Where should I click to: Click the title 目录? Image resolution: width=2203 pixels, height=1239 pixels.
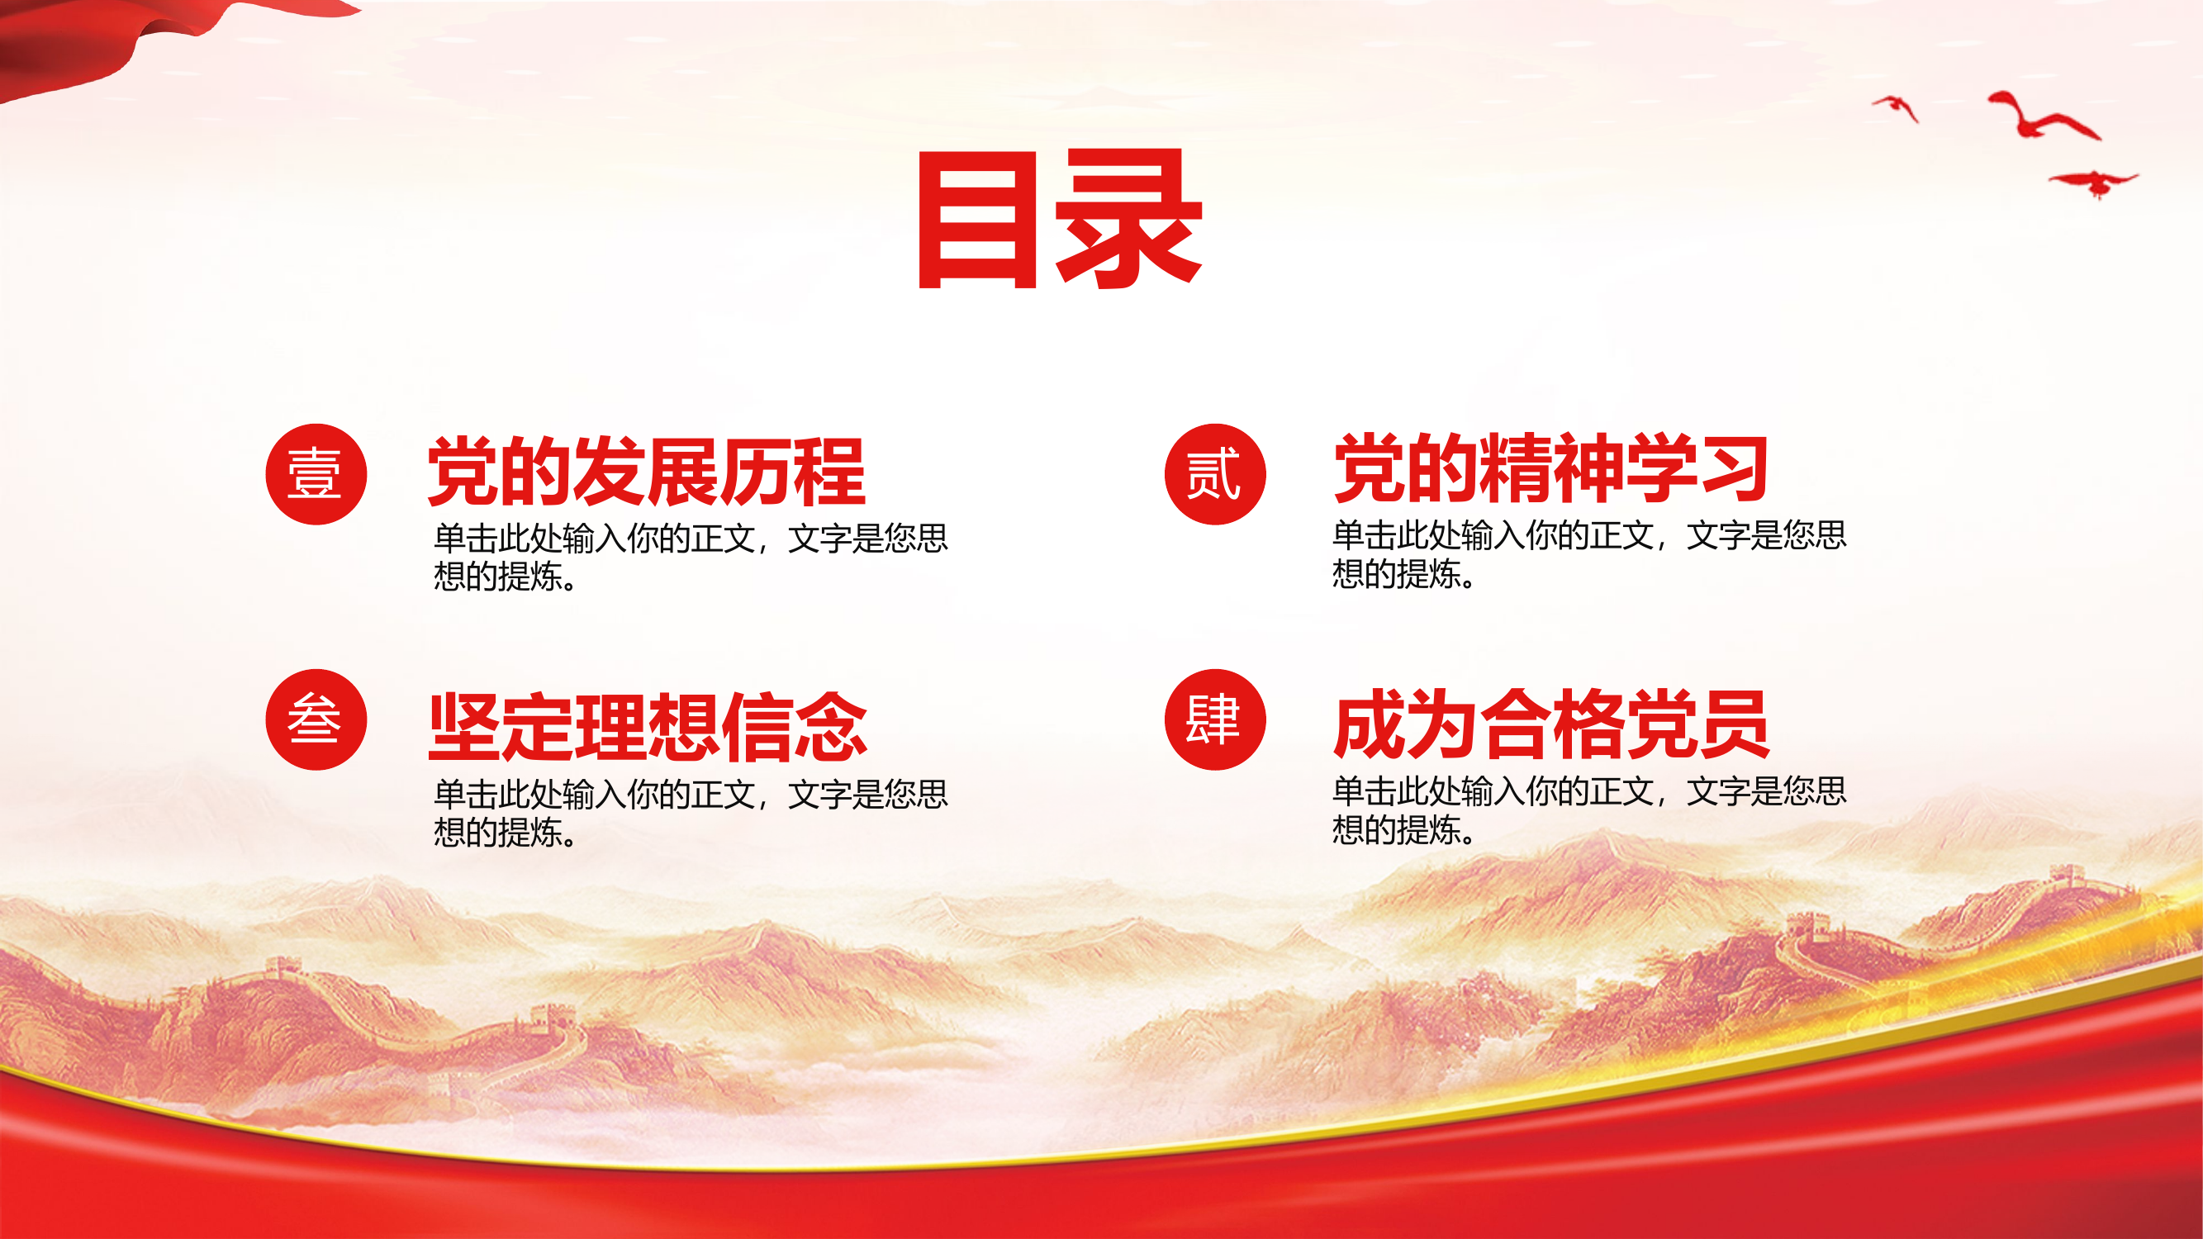pyautogui.click(x=1061, y=220)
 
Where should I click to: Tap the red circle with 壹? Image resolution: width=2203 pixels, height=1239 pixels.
pyautogui.click(x=316, y=473)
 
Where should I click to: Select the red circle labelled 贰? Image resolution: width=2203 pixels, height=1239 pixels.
pyautogui.click(x=1214, y=473)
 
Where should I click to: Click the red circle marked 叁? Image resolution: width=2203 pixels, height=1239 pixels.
pyautogui.click(x=316, y=719)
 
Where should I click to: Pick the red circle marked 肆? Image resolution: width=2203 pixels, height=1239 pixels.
pyautogui.click(x=1214, y=719)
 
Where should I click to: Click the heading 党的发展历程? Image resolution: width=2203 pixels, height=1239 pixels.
pyautogui.click(x=647, y=471)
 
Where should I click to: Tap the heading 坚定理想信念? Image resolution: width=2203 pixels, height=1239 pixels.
pyautogui.click(x=648, y=727)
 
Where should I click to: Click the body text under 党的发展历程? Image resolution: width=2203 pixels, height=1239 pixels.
pyautogui.click(x=689, y=557)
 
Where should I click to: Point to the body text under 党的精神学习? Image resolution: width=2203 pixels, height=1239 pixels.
pyautogui.click(x=1589, y=553)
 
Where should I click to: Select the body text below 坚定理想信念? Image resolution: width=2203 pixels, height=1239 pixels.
pyautogui.click(x=689, y=812)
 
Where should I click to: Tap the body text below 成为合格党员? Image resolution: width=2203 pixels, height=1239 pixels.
pyautogui.click(x=1589, y=809)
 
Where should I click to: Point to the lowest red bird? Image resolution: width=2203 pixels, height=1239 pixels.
pyautogui.click(x=2093, y=182)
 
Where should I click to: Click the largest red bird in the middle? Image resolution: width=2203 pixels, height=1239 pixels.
pyautogui.click(x=2039, y=118)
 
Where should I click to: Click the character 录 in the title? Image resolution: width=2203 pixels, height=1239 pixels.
pyautogui.click(x=1129, y=220)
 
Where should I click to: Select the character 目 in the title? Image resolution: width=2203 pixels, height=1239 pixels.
pyautogui.click(x=977, y=220)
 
